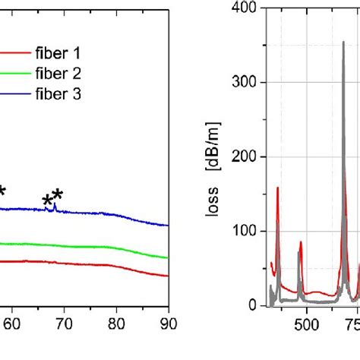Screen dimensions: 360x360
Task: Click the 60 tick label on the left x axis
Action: click(x=11, y=324)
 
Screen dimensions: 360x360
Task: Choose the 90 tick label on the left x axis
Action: click(x=168, y=324)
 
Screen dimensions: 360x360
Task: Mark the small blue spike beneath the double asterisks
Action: click(x=55, y=205)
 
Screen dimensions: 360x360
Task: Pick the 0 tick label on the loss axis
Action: click(x=252, y=305)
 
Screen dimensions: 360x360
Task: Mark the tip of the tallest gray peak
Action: click(x=343, y=43)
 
